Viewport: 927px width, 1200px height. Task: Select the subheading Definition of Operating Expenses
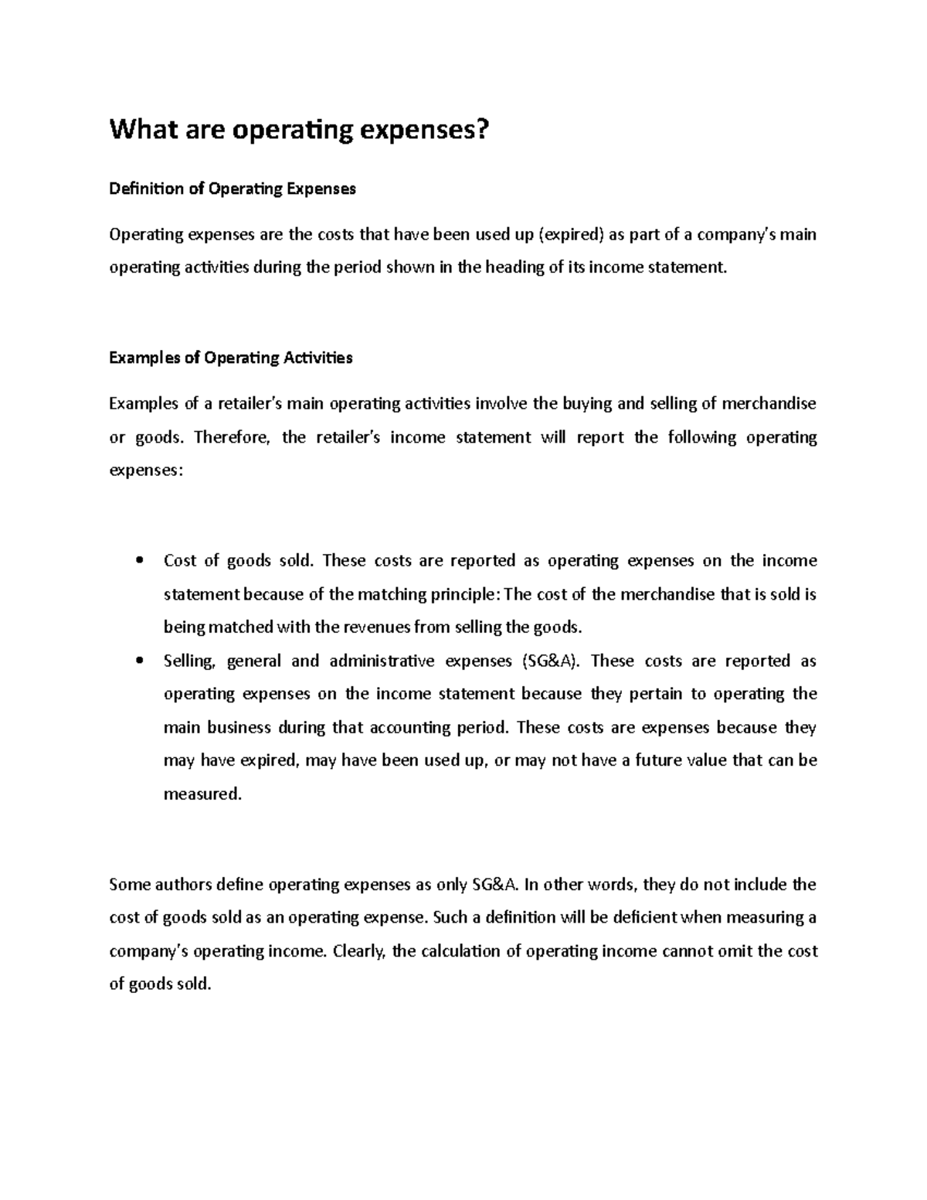click(x=233, y=189)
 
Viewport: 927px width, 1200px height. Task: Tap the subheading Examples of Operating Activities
click(x=231, y=358)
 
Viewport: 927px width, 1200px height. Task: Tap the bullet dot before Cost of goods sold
click(x=139, y=561)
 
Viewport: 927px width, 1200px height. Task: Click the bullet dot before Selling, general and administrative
click(x=139, y=661)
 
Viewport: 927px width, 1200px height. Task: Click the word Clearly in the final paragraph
click(x=358, y=951)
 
